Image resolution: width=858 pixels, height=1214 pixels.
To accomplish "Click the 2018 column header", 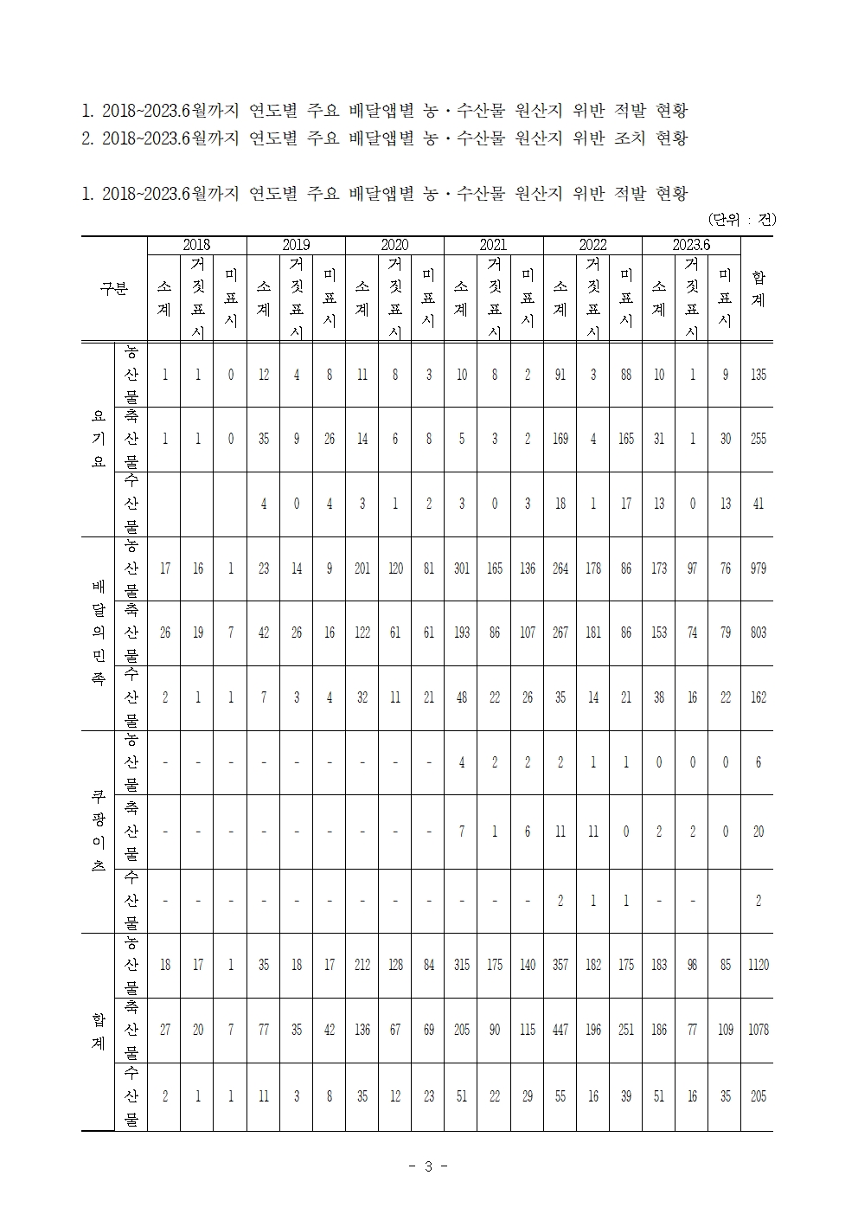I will point(196,245).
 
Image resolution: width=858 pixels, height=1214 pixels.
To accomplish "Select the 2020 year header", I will point(394,245).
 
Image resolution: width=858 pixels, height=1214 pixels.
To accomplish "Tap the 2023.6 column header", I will point(691,245).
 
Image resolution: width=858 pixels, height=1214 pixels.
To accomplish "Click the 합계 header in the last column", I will point(758,288).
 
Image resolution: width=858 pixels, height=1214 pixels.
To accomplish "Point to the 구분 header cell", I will point(114,288).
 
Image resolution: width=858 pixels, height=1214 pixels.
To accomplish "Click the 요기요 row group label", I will point(98,439).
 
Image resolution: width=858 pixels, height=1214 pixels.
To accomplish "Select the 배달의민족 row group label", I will point(98,633).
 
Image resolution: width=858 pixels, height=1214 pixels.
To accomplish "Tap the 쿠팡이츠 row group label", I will point(98,831).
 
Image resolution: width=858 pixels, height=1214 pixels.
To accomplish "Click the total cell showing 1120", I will point(758,965).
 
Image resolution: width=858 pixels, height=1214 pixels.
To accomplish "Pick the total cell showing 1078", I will point(758,1030).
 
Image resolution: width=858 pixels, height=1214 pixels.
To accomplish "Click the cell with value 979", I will point(758,568).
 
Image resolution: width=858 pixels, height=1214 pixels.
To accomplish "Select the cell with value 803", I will point(758,633).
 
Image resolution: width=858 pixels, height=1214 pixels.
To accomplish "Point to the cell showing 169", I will point(560,439).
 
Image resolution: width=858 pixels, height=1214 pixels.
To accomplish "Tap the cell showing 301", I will point(461,568).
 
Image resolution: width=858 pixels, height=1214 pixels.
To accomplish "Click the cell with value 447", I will point(560,1030).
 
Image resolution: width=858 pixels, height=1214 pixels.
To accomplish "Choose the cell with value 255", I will point(758,439).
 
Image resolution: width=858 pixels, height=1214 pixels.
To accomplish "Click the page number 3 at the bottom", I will point(428,1166).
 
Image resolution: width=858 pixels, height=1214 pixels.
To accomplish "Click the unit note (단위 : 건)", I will point(741,219).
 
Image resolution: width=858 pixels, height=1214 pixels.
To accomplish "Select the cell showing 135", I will point(758,375).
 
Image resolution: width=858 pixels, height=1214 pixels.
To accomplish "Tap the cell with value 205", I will point(758,1096).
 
